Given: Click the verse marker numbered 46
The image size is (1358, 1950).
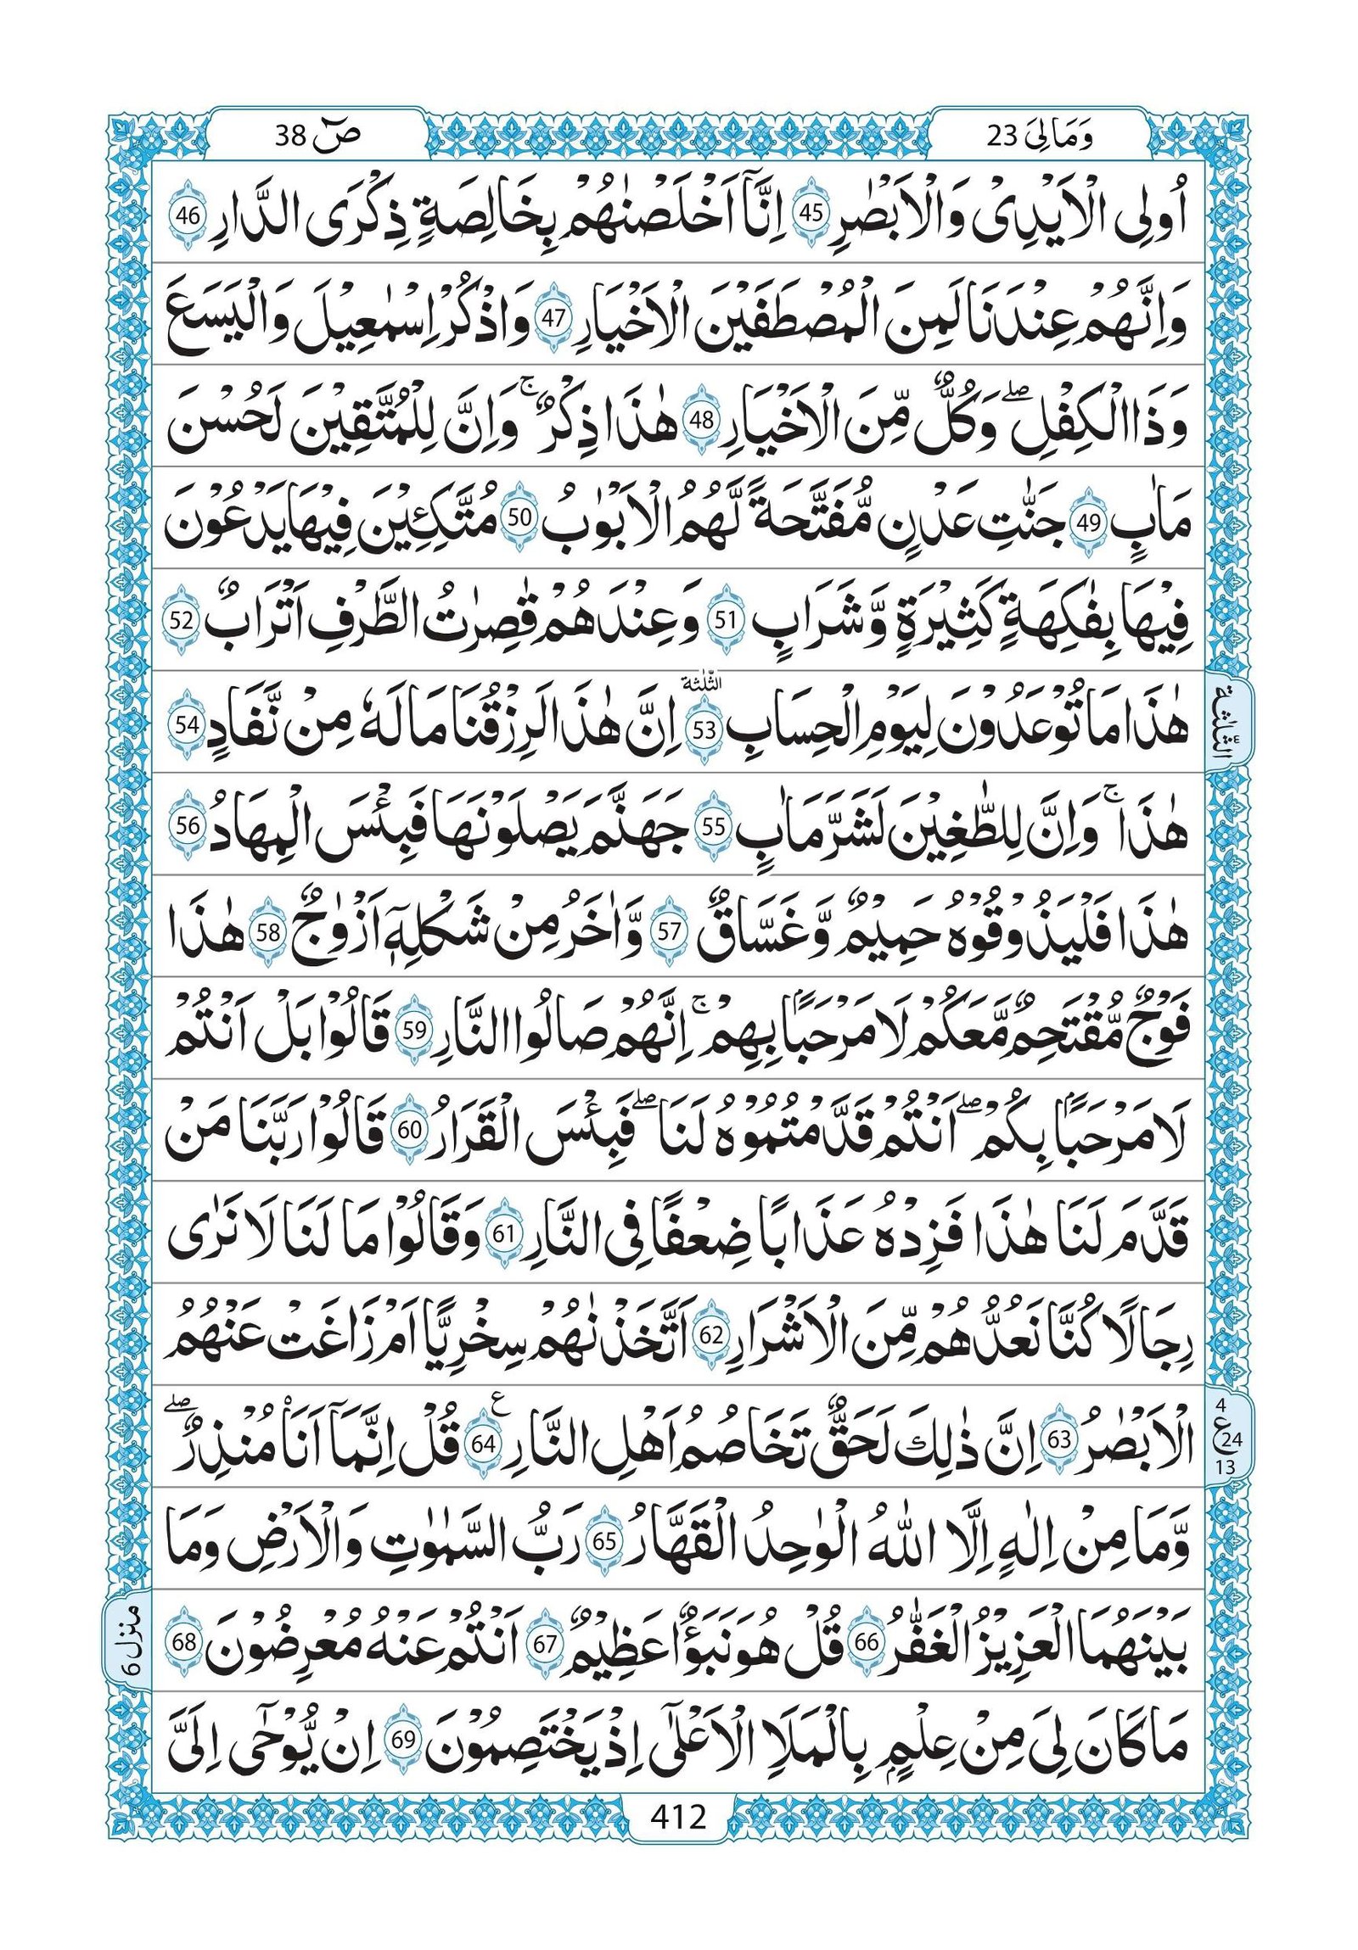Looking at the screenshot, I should click(186, 215).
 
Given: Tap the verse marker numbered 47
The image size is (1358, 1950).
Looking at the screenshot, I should click(553, 319).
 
